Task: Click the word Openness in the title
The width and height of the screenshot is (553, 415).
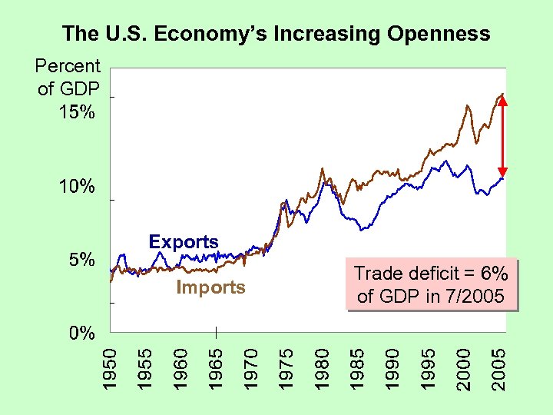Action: tap(439, 34)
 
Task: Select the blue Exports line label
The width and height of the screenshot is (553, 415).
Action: tap(184, 241)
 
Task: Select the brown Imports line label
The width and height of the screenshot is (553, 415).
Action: tap(210, 287)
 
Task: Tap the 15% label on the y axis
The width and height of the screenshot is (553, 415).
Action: tap(77, 112)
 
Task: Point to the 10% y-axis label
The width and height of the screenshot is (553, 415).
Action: tap(77, 186)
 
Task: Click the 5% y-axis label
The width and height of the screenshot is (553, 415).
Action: tap(81, 260)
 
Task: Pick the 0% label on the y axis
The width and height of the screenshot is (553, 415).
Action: tap(81, 334)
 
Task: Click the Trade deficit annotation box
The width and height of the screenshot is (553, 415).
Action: tap(430, 284)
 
